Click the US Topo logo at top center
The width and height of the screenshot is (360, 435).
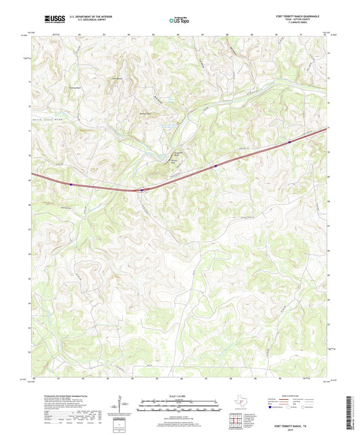point(180,20)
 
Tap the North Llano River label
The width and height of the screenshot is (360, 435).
point(51,119)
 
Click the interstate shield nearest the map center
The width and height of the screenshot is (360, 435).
point(141,190)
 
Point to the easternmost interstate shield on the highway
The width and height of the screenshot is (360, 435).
point(215,163)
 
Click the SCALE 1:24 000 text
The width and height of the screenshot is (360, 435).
point(179,396)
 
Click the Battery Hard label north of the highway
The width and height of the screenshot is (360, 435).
point(145,113)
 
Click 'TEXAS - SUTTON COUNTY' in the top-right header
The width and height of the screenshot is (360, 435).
point(297,20)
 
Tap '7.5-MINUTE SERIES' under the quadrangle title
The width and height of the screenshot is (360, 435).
point(297,24)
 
